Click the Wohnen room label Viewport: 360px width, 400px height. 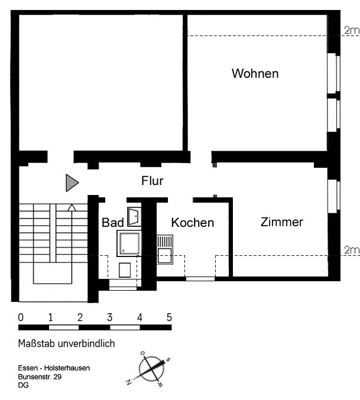tap(255, 73)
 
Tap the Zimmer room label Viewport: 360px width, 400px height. tap(281, 222)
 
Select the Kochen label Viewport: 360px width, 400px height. tap(192, 222)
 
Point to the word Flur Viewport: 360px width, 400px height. tap(153, 181)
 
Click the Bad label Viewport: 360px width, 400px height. tap(113, 222)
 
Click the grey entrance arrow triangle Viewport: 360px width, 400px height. tap(72, 183)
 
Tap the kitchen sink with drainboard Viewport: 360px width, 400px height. tap(165, 249)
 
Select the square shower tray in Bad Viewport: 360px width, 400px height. tap(129, 243)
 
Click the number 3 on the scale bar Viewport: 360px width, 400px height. tap(110, 317)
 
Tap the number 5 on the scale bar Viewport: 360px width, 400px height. tap(169, 317)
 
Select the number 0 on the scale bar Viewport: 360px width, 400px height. tap(21, 317)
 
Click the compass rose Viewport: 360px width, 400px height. tap(151, 369)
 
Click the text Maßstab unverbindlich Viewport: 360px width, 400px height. tap(66, 344)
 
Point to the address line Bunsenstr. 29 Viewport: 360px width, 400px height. tap(40, 377)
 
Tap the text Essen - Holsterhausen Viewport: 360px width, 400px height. tap(54, 368)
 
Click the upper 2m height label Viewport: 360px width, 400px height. tap(352, 30)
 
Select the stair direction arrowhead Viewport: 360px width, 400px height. tap(72, 207)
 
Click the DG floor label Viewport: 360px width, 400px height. tap(23, 385)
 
